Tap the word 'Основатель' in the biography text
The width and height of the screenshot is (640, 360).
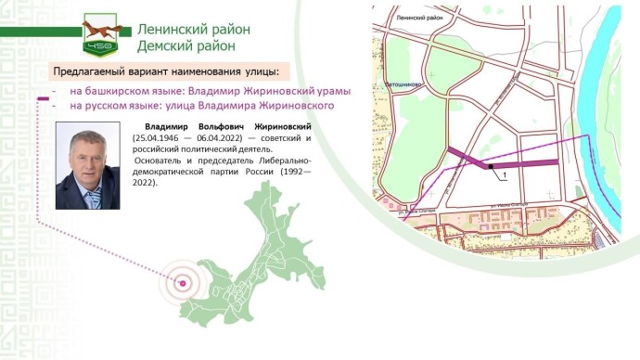coord(160,161)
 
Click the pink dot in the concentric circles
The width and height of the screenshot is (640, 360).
coord(184,283)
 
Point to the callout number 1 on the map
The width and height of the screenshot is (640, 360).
coord(503,174)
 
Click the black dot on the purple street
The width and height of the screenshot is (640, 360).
coord(490,167)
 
